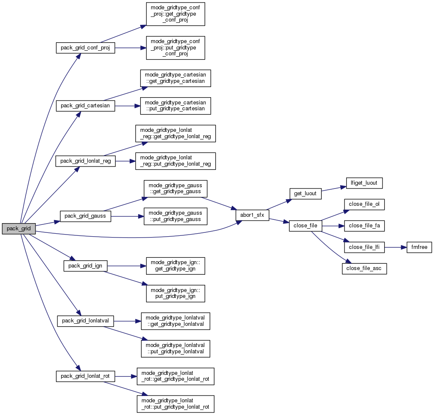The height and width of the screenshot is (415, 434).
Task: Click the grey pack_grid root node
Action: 19,229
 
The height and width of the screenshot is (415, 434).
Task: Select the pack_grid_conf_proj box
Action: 85,48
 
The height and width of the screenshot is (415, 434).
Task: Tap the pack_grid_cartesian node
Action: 85,106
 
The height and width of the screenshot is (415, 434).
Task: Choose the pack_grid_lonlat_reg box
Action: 85,161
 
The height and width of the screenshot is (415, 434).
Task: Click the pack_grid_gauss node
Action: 85,216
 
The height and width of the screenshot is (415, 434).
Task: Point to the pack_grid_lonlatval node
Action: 85,321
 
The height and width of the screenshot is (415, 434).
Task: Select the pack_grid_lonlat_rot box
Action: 86,376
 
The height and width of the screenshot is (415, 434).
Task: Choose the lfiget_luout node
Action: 364,183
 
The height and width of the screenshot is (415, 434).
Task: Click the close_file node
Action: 305,226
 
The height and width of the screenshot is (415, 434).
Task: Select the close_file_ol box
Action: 364,204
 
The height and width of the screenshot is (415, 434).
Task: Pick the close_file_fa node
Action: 364,226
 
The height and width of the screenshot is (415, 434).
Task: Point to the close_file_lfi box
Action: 364,247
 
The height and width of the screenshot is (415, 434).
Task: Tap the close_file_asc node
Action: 364,268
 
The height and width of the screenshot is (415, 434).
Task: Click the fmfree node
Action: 419,247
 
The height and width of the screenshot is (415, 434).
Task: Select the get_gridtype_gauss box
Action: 175,188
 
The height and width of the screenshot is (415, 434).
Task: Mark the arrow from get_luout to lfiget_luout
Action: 334,188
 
